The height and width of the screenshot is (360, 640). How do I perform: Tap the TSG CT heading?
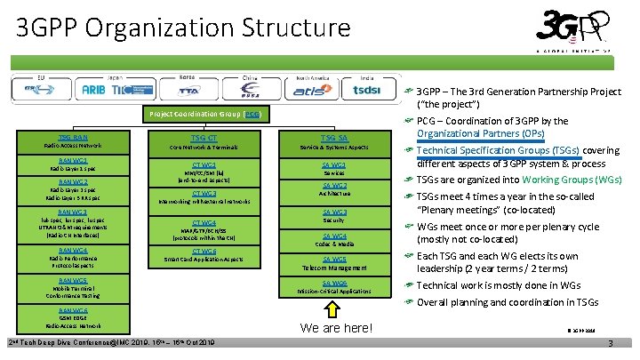pos(204,137)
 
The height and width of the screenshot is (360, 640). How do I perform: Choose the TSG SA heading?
pos(334,137)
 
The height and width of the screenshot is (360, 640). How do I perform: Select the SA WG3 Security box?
pos(334,216)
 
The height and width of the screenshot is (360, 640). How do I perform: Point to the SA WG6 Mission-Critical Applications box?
pos(334,286)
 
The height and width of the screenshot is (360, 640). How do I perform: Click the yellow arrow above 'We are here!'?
pos(334,308)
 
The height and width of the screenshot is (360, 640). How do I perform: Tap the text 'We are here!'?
pos(334,328)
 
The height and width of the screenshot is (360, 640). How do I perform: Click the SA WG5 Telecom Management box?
pos(334,263)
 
